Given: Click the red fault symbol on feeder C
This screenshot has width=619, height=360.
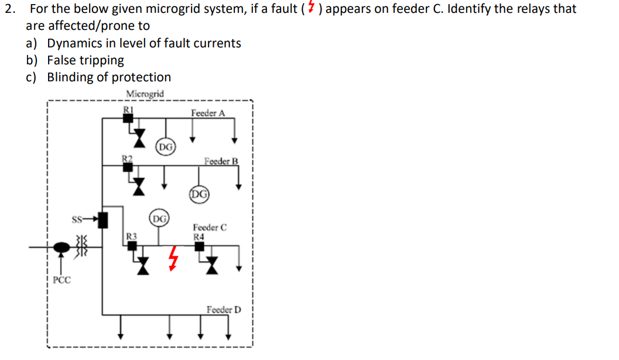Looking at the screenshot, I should coord(172,258).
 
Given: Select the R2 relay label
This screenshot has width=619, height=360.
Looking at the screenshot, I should coord(127,157).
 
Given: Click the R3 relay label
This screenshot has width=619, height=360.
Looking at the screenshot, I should coord(132,235).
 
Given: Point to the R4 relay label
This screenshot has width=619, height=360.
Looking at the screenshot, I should coord(199,236).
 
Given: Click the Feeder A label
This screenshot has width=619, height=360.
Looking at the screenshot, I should coord(207,113).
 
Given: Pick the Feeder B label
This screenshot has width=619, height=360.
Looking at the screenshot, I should coord(221,161).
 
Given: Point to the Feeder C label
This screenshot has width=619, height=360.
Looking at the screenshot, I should coord(210,228).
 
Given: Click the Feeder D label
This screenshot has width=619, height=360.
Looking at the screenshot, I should coord(224,310).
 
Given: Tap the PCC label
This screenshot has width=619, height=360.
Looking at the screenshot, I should coord(61,280).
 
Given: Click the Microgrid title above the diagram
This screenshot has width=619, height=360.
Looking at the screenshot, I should coord(145,94).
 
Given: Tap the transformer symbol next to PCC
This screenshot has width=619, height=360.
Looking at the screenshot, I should coord(81,248).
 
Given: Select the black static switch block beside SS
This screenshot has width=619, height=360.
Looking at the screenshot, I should coord(103,220).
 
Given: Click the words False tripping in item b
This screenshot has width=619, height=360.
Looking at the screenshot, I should coord(86,60).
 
